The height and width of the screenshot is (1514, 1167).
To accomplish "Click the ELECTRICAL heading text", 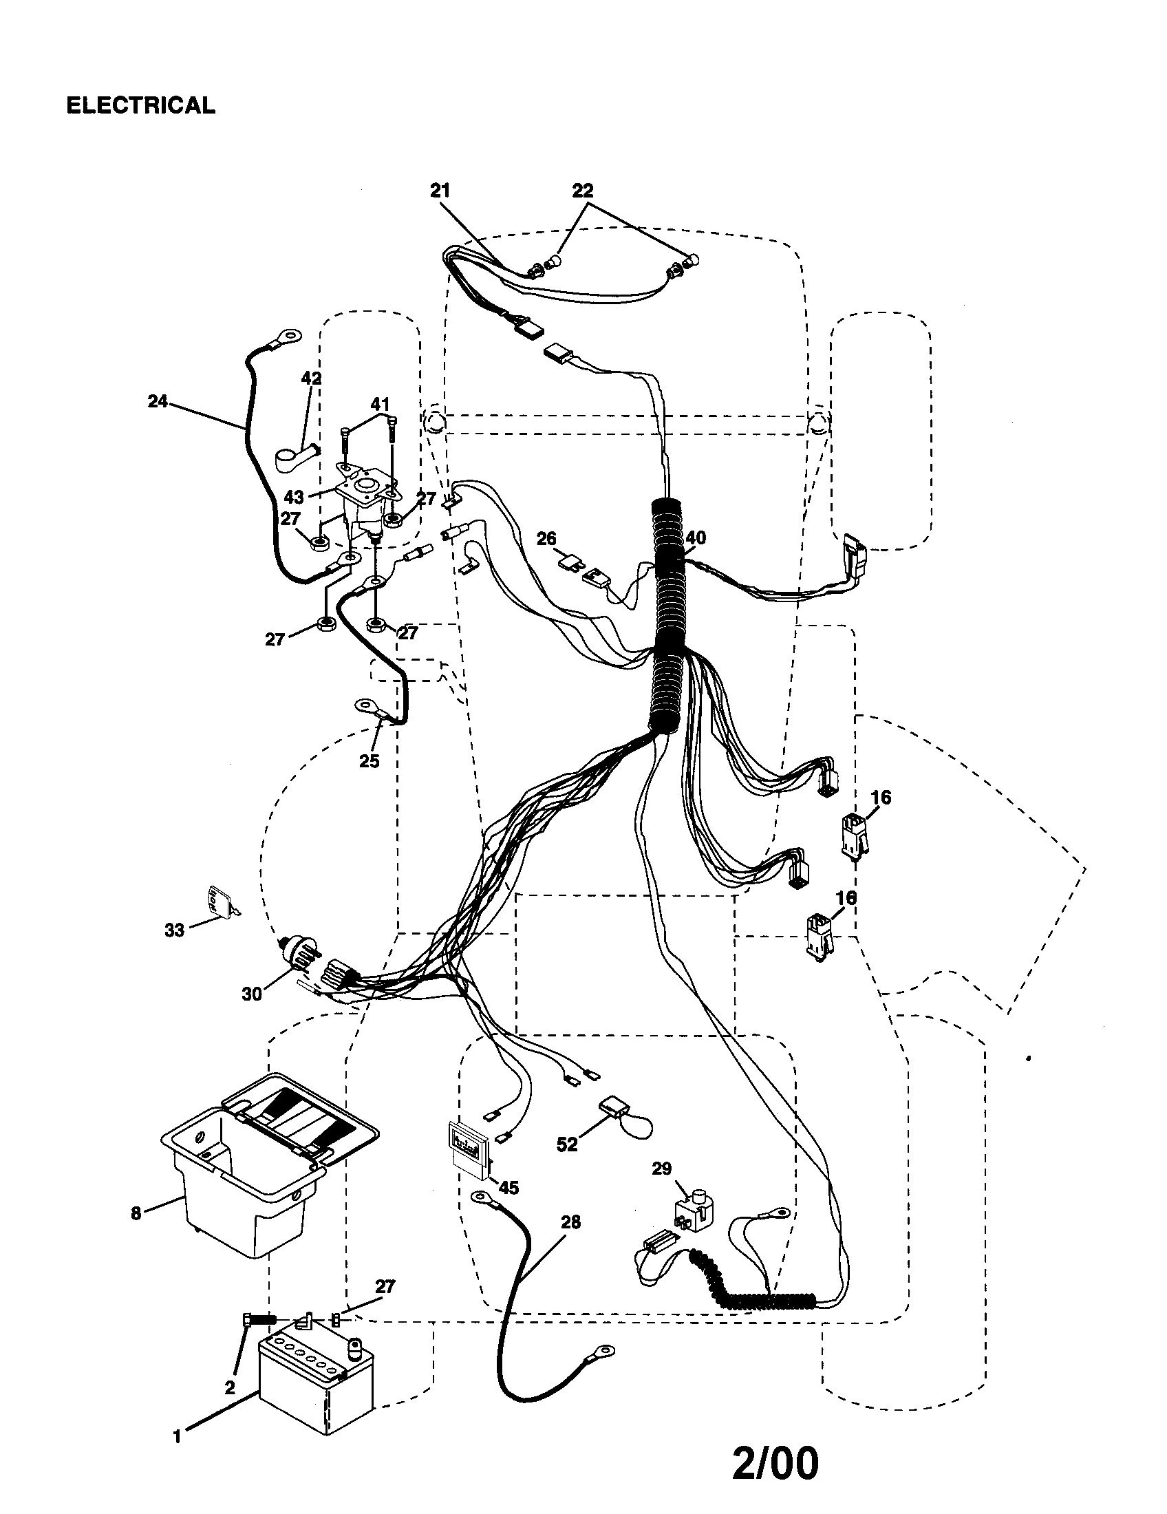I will pyautogui.click(x=140, y=105).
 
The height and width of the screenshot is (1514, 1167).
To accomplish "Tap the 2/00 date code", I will pyautogui.click(x=775, y=1462).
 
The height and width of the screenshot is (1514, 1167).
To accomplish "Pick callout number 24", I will pyautogui.click(x=158, y=401).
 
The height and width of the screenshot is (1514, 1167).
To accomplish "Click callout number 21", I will pyautogui.click(x=440, y=191).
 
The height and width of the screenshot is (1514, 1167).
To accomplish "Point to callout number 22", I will pyautogui.click(x=583, y=191).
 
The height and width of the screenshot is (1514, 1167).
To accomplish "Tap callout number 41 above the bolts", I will pyautogui.click(x=379, y=404).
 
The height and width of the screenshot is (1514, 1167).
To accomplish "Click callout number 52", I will pyautogui.click(x=566, y=1144).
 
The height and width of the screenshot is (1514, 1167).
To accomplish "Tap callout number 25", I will pyautogui.click(x=369, y=761).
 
